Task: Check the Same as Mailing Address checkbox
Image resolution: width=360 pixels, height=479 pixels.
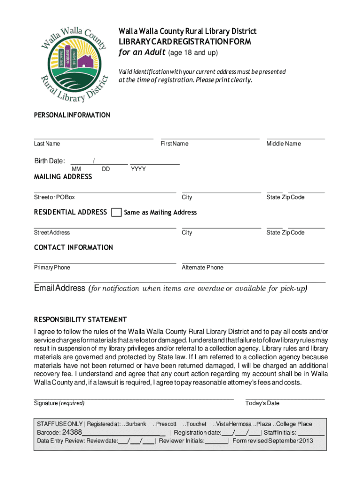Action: pos(116,212)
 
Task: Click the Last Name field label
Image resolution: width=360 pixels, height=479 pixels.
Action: pos(47,144)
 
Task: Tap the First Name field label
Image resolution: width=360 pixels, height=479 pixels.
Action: pos(174,144)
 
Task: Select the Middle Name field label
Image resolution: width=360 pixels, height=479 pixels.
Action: pos(283,144)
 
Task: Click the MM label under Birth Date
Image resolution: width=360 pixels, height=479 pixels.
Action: pos(76,169)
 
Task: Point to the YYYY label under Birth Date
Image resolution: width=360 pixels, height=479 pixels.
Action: pos(138,169)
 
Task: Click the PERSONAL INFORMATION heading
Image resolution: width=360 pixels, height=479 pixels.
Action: pos(72,115)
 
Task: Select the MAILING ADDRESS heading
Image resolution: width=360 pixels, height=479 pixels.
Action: pos(63,177)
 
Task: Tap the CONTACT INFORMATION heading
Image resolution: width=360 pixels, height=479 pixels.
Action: pos(73,247)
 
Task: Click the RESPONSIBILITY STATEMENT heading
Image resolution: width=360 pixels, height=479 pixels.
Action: pos(80,319)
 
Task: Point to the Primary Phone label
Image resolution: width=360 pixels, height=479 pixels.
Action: pos(52,268)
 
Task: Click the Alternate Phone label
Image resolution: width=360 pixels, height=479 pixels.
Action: pos(202,268)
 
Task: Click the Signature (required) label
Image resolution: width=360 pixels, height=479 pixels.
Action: pos(59,403)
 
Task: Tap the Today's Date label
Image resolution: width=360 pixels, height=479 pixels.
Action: pos(262,403)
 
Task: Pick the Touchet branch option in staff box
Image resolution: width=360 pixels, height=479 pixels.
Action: pos(195,424)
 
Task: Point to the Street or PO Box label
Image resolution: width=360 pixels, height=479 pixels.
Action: pos(54,197)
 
